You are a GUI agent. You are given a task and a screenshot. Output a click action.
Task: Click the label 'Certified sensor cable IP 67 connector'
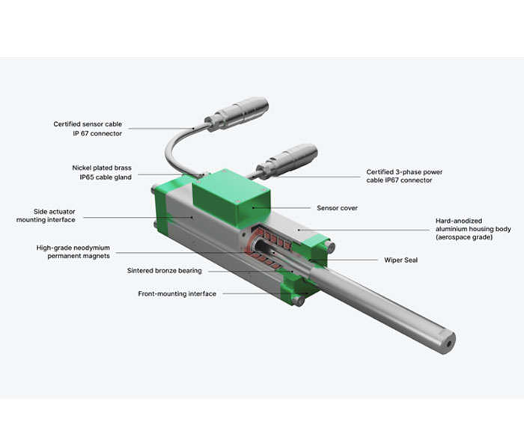pyautogui.click(x=88, y=129)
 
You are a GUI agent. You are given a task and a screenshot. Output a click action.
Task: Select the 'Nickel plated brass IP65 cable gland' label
pyautogui.click(x=102, y=172)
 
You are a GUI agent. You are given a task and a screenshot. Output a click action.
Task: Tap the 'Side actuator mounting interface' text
pyautogui.click(x=46, y=216)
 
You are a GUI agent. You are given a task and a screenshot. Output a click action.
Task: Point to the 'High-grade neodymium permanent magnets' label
pyautogui.click(x=73, y=252)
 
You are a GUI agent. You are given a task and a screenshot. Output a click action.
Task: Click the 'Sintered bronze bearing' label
pyautogui.click(x=165, y=271)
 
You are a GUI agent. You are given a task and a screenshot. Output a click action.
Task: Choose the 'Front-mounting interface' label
pyautogui.click(x=177, y=293)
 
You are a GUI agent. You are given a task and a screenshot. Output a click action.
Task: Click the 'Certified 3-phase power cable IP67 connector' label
pyautogui.click(x=404, y=176)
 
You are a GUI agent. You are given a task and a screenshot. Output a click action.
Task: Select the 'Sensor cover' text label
pyautogui.click(x=337, y=208)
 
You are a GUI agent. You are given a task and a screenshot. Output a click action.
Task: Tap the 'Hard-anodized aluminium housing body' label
pyautogui.click(x=473, y=229)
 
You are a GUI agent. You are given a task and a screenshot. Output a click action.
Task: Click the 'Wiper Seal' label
pyautogui.click(x=400, y=260)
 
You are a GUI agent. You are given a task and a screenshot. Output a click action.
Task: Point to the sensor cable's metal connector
pyautogui.click(x=237, y=114)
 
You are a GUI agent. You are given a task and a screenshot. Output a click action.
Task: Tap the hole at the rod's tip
pyautogui.click(x=449, y=344)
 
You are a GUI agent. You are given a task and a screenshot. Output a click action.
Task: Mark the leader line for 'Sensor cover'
pyautogui.click(x=281, y=207)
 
